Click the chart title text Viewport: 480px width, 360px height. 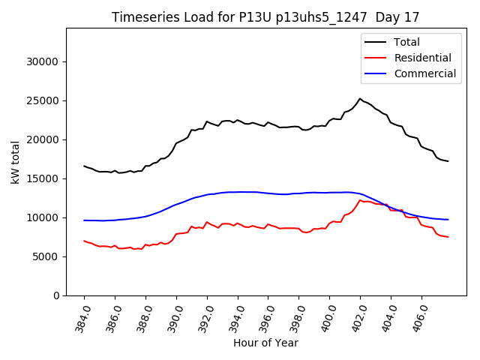tap(265, 16)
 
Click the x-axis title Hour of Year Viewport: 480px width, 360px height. tap(265, 343)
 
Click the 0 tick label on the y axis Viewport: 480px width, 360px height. tap(57, 295)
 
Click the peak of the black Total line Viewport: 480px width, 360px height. tap(360, 98)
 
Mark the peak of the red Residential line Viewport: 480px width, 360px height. tap(360, 200)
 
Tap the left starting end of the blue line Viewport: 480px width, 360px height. tap(84, 220)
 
